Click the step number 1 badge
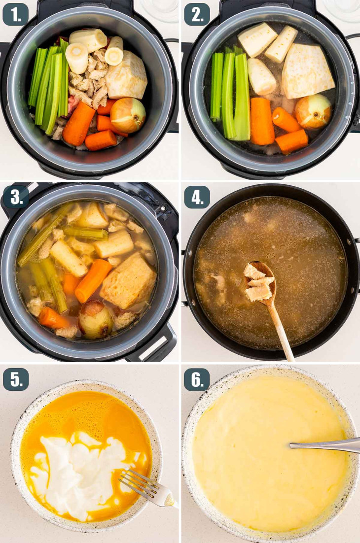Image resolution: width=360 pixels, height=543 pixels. [16, 15]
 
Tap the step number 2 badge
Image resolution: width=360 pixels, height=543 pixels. [197, 15]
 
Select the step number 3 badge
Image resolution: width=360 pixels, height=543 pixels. [16, 197]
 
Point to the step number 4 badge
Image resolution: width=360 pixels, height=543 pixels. [197, 197]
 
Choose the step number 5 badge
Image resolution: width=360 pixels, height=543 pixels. [16, 379]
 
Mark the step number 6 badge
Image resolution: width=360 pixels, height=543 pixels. [197, 379]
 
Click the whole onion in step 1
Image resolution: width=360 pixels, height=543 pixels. [128, 115]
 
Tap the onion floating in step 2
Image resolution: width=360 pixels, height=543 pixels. [314, 111]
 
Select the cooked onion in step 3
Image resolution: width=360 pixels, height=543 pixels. [96, 320]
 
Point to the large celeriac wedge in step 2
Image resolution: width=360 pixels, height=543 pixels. [307, 71]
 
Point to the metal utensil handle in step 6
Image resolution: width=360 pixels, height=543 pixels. [325, 445]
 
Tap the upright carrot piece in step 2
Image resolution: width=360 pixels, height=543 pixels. [262, 121]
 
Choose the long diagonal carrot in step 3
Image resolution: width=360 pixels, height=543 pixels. [93, 280]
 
